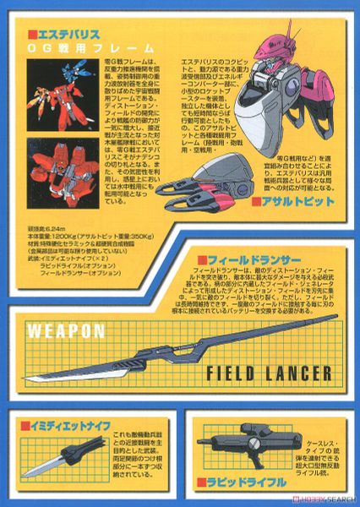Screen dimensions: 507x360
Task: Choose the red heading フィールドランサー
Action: tap(237, 258)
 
